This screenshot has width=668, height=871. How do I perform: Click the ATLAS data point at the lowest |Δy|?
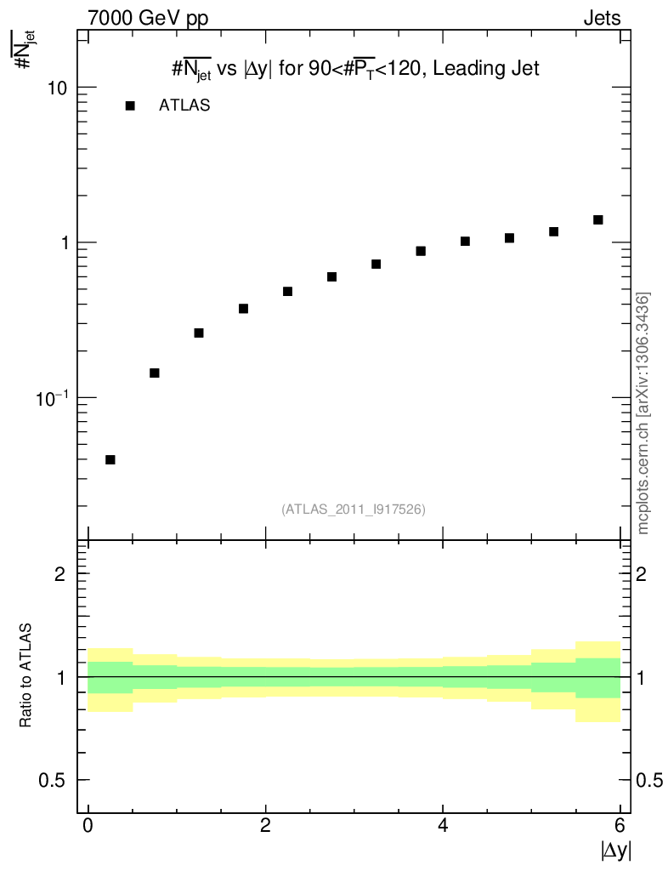tap(110, 459)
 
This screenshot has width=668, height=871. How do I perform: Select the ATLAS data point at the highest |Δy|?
tap(597, 219)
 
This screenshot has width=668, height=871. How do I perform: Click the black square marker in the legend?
tap(130, 105)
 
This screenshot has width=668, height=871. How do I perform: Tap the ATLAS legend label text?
tap(184, 106)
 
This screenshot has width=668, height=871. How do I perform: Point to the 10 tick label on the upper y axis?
tap(54, 88)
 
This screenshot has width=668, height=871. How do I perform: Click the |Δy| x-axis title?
tap(616, 850)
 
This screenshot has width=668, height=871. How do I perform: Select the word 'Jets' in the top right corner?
tap(602, 18)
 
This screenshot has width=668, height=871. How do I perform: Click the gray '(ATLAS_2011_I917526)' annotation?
tap(354, 509)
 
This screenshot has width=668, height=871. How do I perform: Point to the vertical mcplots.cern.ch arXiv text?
tap(643, 413)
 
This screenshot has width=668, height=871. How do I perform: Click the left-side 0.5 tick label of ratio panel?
tap(53, 781)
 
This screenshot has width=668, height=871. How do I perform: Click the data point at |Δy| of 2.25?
tap(287, 291)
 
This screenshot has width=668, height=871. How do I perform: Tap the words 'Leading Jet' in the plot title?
tap(486, 70)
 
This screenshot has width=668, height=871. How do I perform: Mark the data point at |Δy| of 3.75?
tap(421, 251)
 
